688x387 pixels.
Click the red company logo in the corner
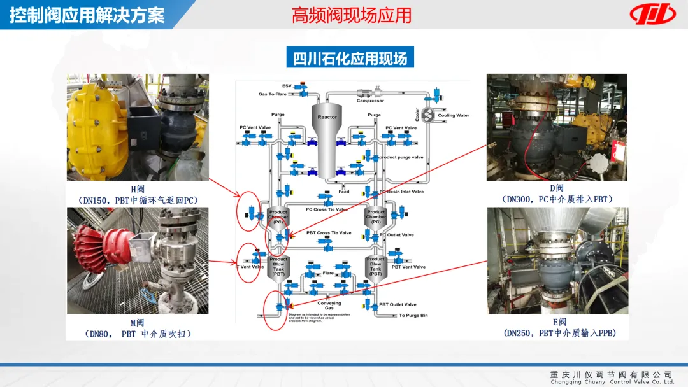(x=652, y=13)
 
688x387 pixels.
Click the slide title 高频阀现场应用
(x=352, y=15)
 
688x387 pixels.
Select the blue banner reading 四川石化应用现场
(x=350, y=59)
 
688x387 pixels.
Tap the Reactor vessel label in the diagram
(x=327, y=117)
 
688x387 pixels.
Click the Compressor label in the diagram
(x=370, y=101)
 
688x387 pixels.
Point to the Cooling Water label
(x=453, y=116)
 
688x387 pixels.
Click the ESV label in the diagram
(x=287, y=85)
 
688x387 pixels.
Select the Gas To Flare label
(x=272, y=94)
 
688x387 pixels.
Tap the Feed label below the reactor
(x=344, y=192)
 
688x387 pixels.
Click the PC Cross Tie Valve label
(x=327, y=209)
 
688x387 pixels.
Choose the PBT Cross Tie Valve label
(x=329, y=233)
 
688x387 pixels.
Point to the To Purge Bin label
(x=413, y=316)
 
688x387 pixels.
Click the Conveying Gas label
(x=329, y=306)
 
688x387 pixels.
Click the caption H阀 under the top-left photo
(x=138, y=189)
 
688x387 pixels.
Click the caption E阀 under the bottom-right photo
(x=559, y=322)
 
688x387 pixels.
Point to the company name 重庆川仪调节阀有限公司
(x=612, y=374)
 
